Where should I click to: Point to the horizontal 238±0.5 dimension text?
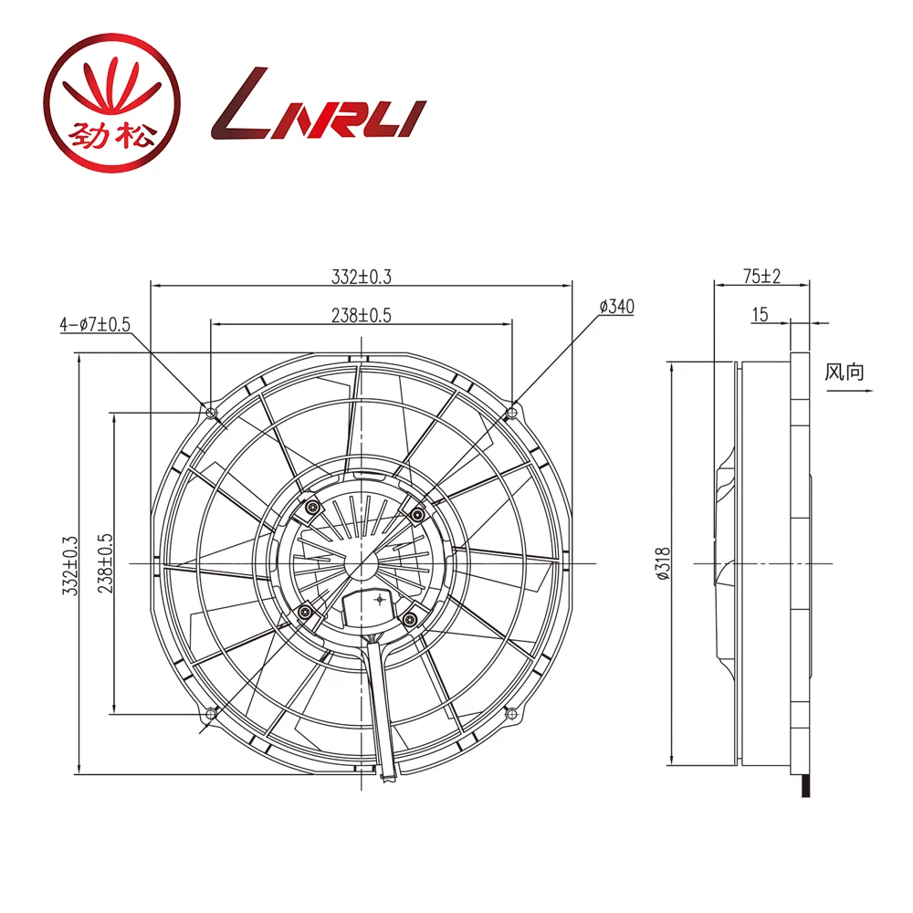coord(362,315)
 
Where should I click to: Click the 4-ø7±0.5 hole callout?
coord(95,324)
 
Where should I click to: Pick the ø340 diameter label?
coord(616,307)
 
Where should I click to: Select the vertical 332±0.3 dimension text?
coord(69,566)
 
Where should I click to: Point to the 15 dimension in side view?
coord(760,315)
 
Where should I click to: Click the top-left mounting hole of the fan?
coord(213,414)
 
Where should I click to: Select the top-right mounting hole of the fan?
coord(511,413)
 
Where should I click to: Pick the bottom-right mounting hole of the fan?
coord(511,713)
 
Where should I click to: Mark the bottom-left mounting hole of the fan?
coord(212,713)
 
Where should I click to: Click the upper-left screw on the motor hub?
coord(312,508)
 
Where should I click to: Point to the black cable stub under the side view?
coord(803,784)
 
